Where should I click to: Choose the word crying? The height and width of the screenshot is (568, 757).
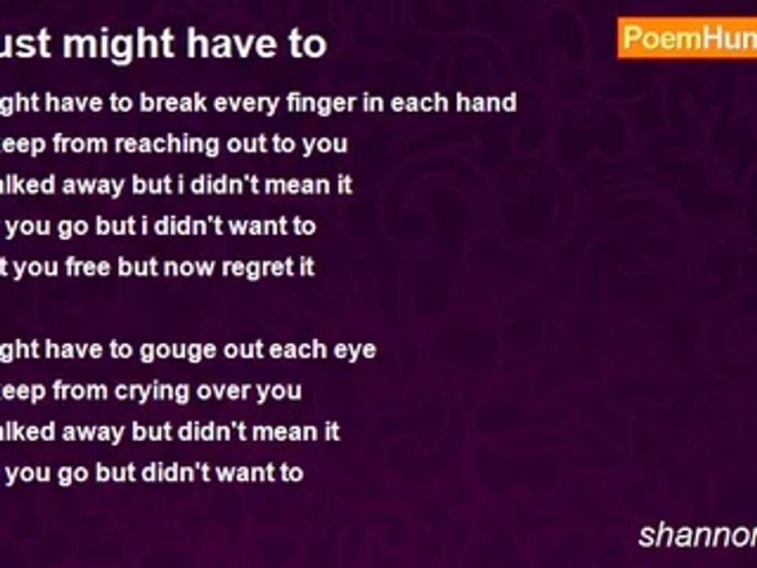tap(151, 390)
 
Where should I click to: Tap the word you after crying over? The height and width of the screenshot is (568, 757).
tap(279, 390)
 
